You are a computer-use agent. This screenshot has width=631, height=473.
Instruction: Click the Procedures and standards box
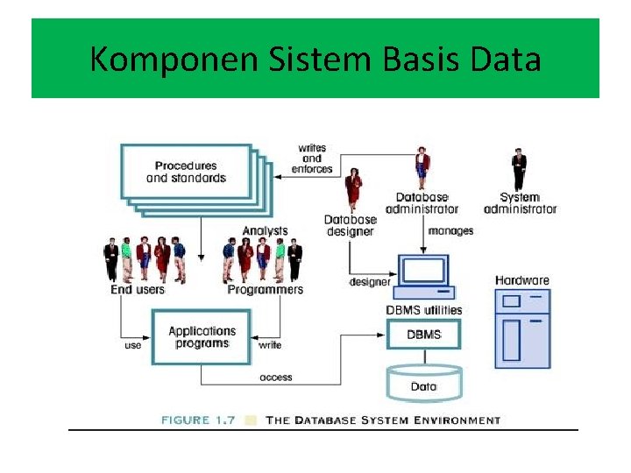[x=186, y=172]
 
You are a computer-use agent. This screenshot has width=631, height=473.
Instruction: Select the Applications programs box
[x=202, y=337]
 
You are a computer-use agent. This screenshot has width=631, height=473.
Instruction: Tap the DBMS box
[x=424, y=335]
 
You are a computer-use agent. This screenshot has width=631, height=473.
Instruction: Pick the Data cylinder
[x=423, y=383]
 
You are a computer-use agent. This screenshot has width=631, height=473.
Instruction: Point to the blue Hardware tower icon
[x=522, y=328]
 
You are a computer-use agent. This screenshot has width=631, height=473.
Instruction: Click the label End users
[x=138, y=290]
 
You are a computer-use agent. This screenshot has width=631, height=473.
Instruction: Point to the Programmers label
[x=265, y=290]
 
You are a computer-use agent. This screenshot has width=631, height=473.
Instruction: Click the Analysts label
[x=265, y=231]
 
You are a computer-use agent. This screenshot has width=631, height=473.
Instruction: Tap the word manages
[x=451, y=231]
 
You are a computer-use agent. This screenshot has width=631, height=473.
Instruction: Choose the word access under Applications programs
[x=275, y=378]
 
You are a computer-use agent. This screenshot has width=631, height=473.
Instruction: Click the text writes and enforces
[x=312, y=159]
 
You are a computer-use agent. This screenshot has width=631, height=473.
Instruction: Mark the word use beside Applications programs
[x=132, y=345]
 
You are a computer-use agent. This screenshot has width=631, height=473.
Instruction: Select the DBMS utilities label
[x=424, y=310]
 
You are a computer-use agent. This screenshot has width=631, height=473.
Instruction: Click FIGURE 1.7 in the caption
[x=198, y=420]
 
